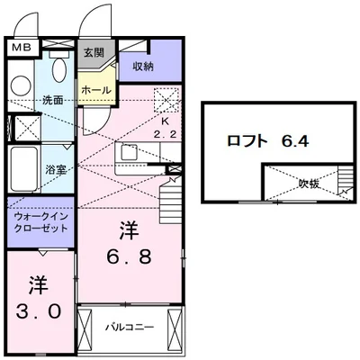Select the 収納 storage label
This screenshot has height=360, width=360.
(143, 67)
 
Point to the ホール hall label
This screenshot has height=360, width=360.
(95, 91)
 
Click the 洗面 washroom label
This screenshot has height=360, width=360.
(53, 100)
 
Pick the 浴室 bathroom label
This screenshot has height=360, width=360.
(55, 168)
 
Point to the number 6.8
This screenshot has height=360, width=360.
(130, 243)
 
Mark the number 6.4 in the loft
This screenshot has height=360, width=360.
(293, 140)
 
